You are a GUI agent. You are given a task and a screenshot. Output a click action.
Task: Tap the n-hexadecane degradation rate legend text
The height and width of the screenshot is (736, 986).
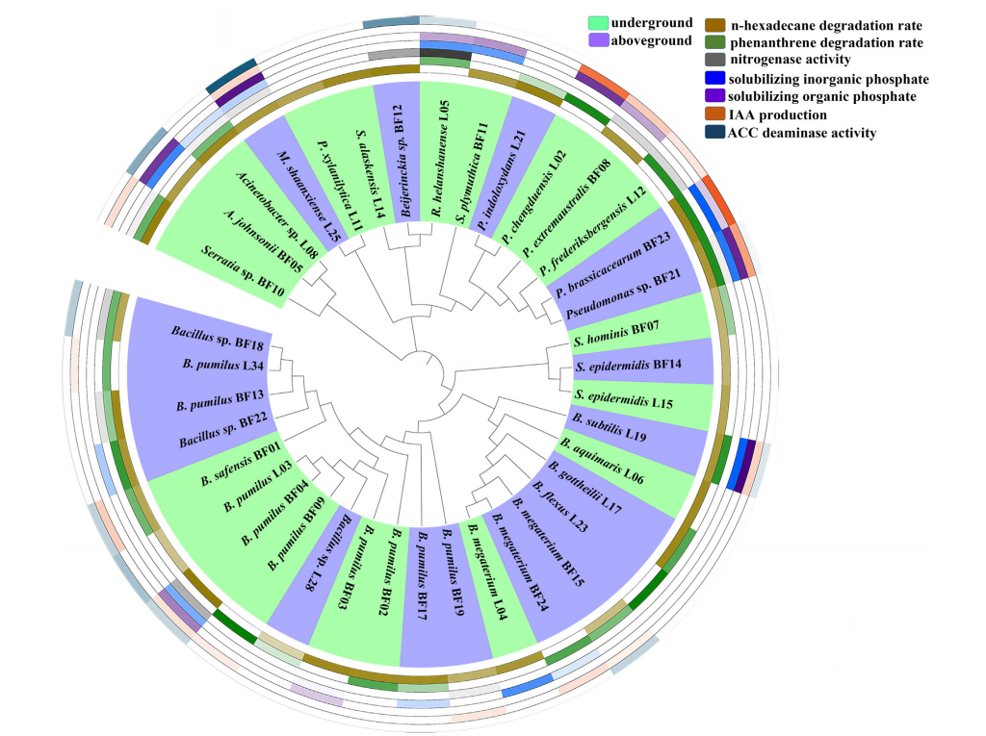827,24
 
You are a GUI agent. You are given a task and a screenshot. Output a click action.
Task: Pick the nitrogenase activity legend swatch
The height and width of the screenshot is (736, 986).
718,61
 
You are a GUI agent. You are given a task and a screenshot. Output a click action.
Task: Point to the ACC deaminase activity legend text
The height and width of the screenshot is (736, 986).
803,133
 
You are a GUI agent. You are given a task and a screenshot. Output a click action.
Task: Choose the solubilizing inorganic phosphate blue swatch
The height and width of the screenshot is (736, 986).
718,79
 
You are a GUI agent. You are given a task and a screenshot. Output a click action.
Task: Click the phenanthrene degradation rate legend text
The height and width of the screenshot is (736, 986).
826,42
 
